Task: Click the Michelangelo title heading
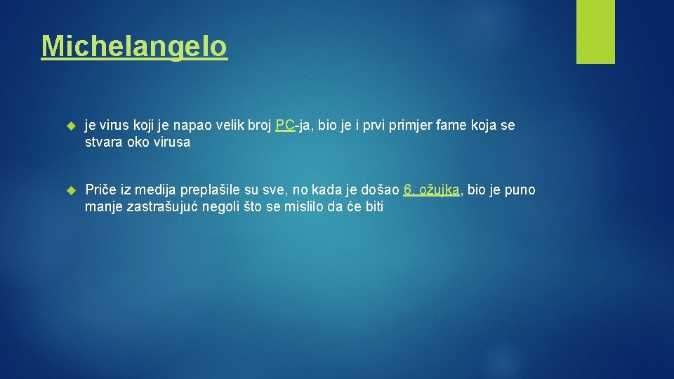tap(134, 46)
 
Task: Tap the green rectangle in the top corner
tap(595, 31)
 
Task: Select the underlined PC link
tap(285, 126)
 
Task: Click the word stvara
tap(103, 142)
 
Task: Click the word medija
tap(156, 190)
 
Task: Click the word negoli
tap(221, 207)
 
